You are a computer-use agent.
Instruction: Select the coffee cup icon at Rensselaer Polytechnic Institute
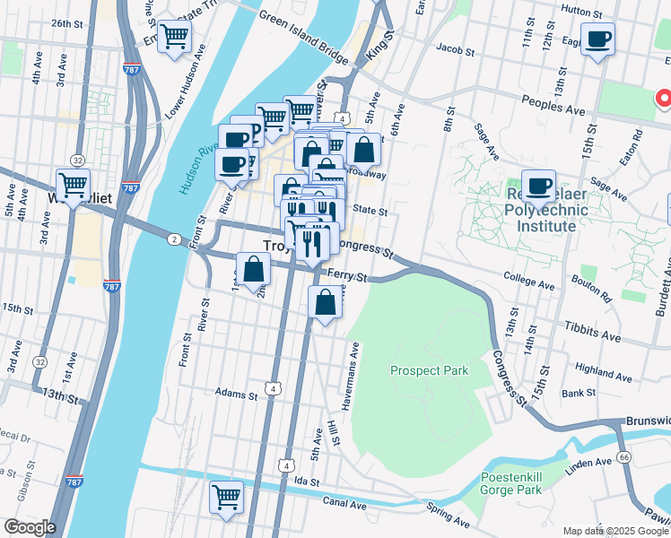click(538, 187)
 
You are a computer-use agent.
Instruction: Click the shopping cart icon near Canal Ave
click(226, 497)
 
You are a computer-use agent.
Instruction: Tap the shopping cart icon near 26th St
click(174, 38)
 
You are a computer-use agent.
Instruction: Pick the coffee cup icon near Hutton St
click(597, 39)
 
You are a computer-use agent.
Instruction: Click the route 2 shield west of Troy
click(172, 239)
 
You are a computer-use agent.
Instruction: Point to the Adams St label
click(237, 392)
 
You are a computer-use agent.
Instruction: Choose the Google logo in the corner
click(29, 527)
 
